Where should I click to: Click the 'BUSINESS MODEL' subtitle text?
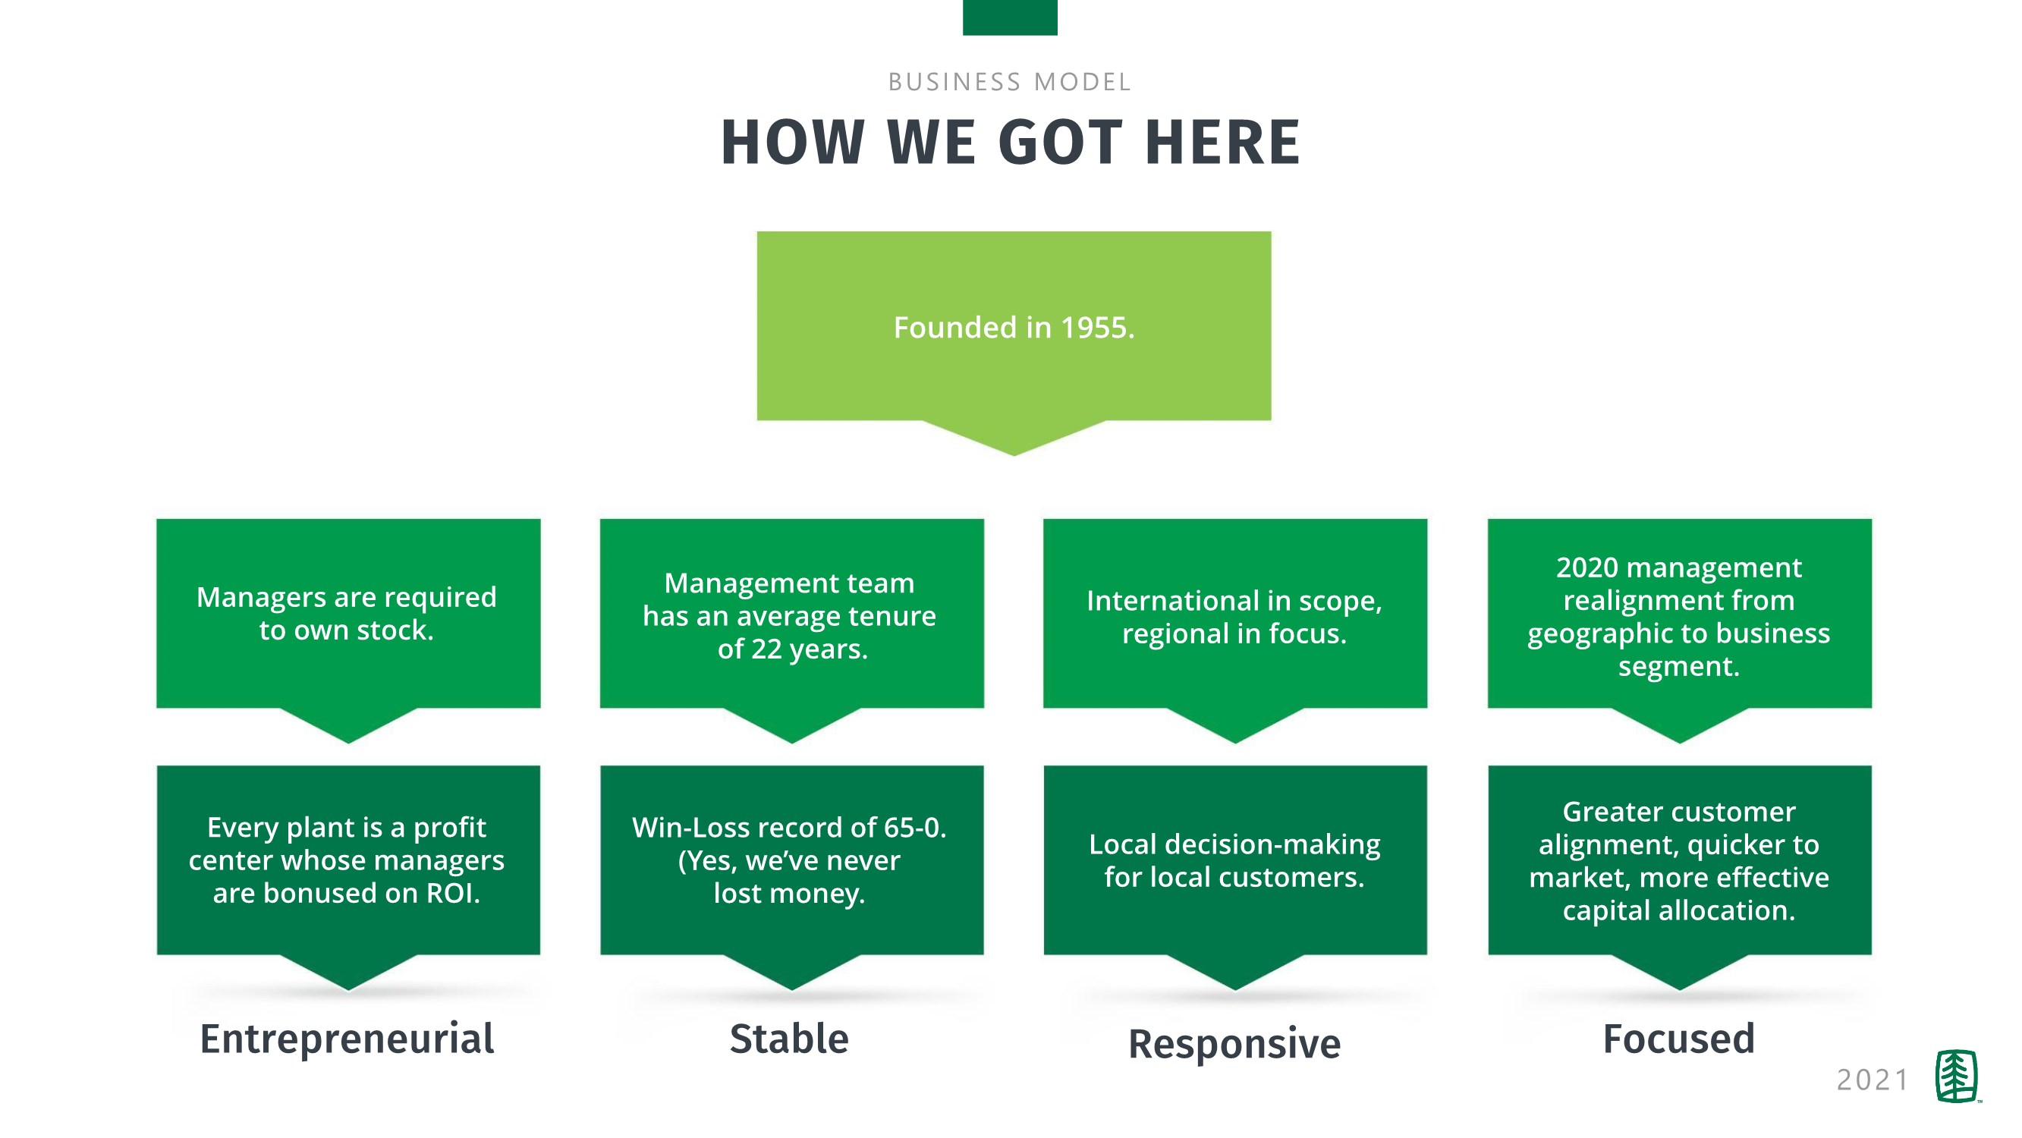click(1009, 82)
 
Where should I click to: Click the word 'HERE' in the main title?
click(1222, 143)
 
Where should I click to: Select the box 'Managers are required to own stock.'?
click(347, 614)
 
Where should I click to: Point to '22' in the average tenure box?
click(767, 649)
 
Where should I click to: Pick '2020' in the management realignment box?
click(1587, 567)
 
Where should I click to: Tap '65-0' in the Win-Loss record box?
click(913, 827)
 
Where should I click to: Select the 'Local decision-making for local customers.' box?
click(1234, 861)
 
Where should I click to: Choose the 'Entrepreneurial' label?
click(347, 1039)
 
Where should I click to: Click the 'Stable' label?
click(789, 1039)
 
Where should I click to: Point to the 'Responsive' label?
click(1234, 1044)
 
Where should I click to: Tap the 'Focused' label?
click(1678, 1039)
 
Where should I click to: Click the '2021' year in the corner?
click(1872, 1080)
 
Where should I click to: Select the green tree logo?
click(1956, 1077)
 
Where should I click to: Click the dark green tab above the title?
click(1009, 17)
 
